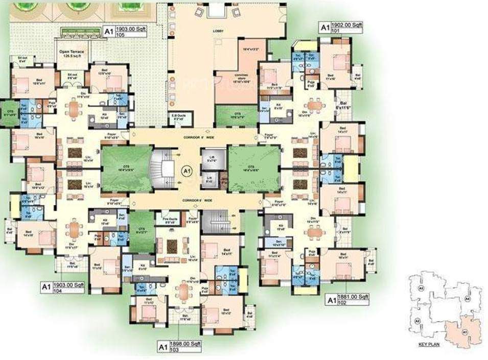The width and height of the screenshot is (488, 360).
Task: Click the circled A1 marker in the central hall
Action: (x=187, y=170)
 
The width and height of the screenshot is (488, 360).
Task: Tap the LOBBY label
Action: (x=219, y=32)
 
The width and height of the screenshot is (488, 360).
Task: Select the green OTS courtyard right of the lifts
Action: (x=254, y=167)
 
